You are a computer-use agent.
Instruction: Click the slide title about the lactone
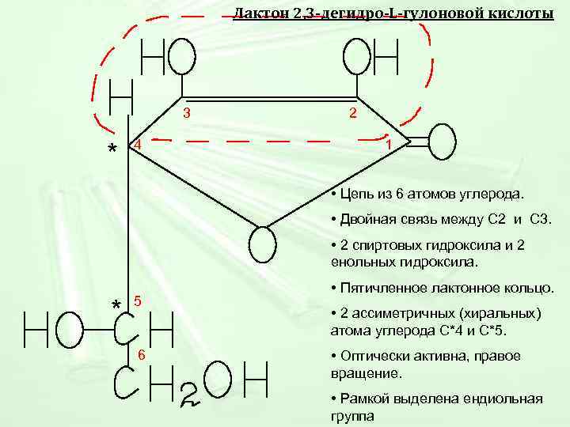(393, 13)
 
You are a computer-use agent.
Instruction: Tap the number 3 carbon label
(187, 113)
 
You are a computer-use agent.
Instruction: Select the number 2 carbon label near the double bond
(352, 114)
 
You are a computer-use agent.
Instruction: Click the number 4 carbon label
(137, 145)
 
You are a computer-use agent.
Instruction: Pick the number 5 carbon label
(137, 301)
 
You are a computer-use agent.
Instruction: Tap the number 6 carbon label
(141, 354)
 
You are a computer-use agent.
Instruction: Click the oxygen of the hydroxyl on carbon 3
(182, 57)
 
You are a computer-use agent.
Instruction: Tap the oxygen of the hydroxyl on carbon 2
(357, 57)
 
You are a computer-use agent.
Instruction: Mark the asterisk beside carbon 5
(116, 305)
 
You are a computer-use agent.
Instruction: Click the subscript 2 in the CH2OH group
(190, 396)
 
